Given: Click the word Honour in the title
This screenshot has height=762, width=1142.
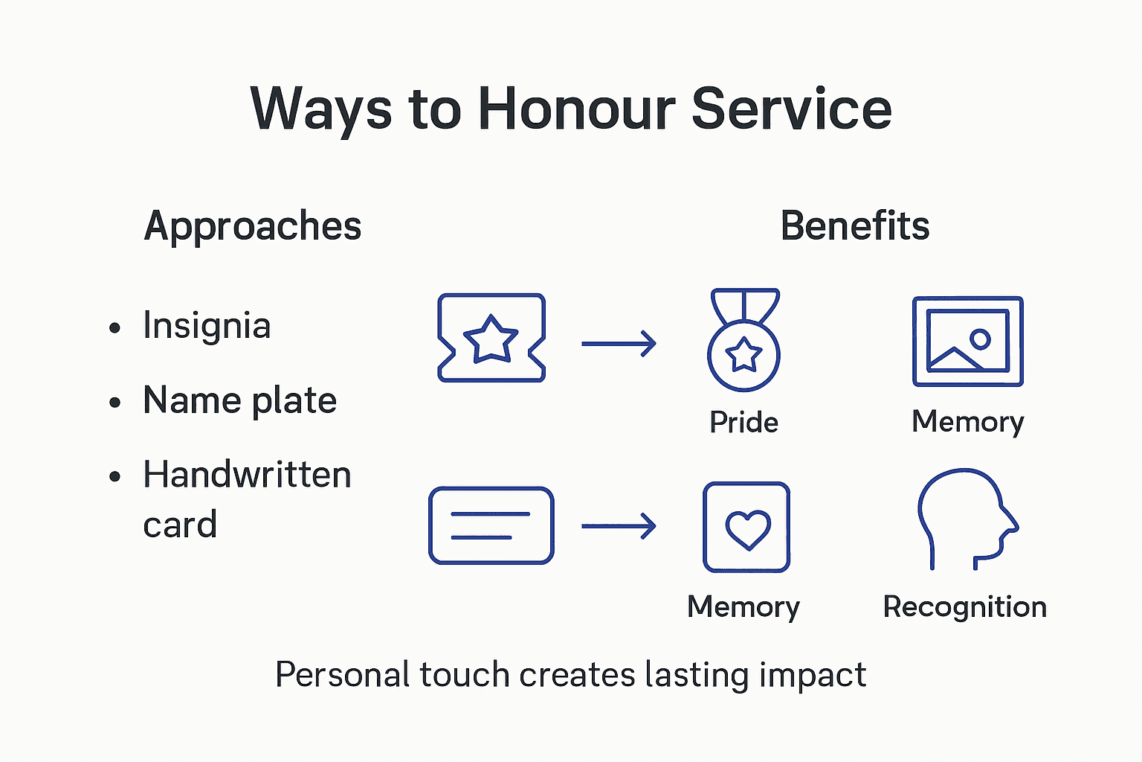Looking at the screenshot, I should point(575,109).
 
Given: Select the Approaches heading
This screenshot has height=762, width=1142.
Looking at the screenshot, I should point(253,225).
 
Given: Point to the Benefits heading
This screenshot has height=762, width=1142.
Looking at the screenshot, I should point(855,225).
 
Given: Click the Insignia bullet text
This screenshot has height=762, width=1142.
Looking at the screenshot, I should point(207,326).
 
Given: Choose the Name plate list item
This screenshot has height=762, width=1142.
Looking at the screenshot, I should point(239,400).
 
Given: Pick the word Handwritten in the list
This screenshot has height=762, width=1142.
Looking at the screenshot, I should point(247,475).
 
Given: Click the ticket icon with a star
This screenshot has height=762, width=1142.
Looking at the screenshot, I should point(491,338).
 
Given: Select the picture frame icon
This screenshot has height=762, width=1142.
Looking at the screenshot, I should point(968,342).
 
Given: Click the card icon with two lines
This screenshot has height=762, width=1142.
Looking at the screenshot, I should point(491,525).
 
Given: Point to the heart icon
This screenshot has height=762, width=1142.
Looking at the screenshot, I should point(747,527).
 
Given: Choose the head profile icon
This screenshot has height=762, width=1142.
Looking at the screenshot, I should point(966,519).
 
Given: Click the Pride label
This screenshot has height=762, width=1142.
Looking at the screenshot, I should point(743,422).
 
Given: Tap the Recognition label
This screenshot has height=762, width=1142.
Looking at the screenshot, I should point(964,606).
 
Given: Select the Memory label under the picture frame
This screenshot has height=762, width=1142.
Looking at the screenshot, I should point(968,422).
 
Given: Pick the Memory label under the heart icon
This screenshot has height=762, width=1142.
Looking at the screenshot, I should point(743,606).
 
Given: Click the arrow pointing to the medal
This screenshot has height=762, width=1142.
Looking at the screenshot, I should point(619,344).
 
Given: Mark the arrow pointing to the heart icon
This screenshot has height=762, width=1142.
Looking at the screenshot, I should point(619,526).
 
